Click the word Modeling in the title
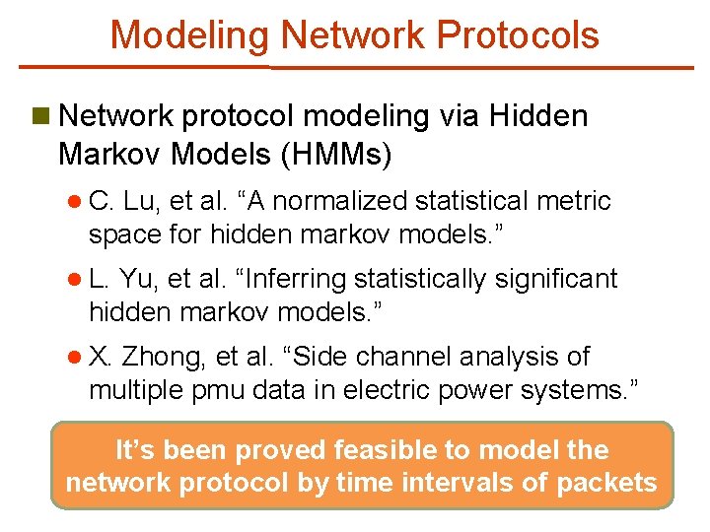click(x=190, y=35)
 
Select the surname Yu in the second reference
click(x=139, y=280)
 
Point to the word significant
click(x=555, y=280)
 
